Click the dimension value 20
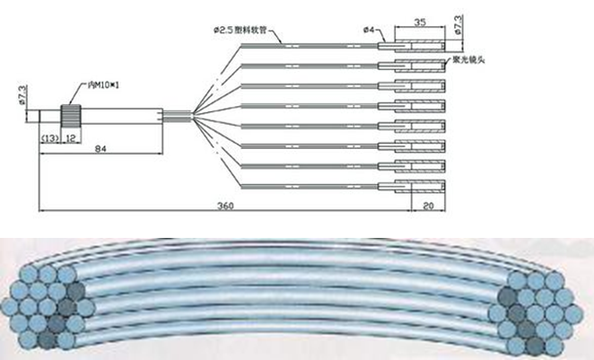(428, 206)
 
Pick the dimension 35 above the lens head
(420, 20)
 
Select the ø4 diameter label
(369, 31)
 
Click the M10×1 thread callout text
(98, 86)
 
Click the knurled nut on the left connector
(71, 116)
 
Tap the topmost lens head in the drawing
(412, 43)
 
